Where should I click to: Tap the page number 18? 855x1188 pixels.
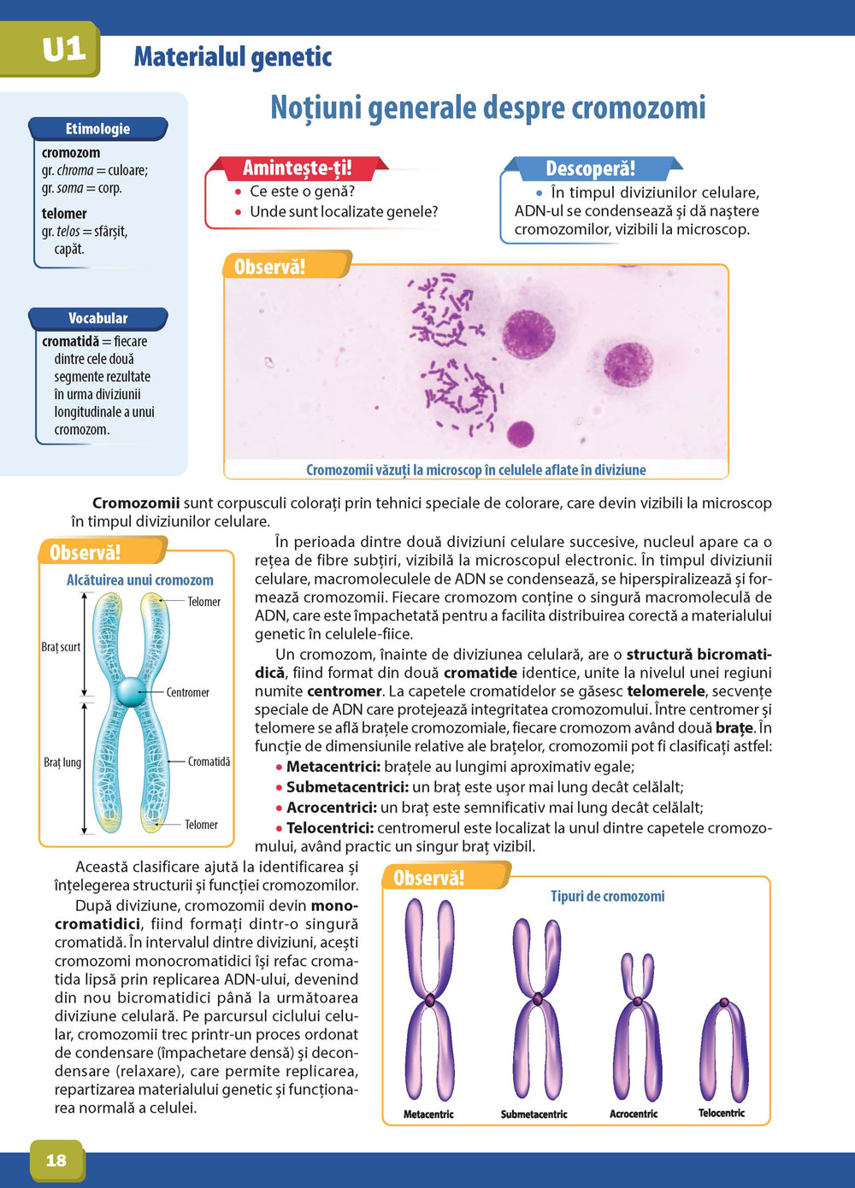coord(56,1160)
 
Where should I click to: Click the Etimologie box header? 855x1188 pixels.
coord(97,129)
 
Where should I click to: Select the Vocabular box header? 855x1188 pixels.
coord(97,319)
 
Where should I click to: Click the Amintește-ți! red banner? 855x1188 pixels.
coord(297,168)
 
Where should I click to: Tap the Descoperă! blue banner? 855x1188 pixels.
coord(590,169)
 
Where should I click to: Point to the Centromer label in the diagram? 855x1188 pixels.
coord(187,692)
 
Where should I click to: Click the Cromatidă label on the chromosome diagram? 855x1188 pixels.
coord(209,762)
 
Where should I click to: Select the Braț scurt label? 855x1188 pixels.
coord(61,647)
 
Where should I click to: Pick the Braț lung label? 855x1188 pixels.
coord(62,762)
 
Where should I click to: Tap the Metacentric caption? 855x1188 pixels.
coord(428,1114)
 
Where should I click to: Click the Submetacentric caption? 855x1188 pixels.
coord(534,1114)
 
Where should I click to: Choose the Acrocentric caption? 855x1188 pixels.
coord(634,1114)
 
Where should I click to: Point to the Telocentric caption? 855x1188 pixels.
coord(722,1114)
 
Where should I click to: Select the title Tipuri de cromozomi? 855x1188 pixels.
coord(607,897)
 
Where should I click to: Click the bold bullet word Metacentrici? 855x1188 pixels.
coord(333,767)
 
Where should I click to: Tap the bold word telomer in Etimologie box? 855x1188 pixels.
coord(64,214)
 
